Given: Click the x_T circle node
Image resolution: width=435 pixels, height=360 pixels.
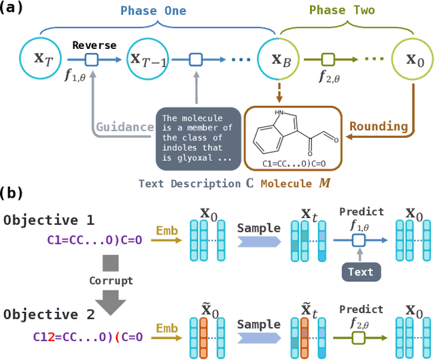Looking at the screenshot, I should [41, 60].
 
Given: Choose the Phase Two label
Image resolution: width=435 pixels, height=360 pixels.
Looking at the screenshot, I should [342, 11].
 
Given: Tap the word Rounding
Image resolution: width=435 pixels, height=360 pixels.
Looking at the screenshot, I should [379, 126].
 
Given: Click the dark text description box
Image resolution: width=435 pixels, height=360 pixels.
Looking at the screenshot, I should [196, 139].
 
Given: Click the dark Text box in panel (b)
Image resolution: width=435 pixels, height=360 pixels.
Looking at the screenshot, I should [360, 272].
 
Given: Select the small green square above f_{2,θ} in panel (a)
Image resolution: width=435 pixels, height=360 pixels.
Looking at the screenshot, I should [328, 60].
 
